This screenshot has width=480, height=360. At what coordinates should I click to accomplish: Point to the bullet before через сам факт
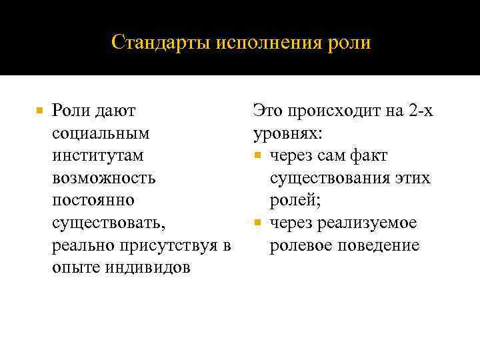258,156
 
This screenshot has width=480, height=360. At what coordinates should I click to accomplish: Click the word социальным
100,133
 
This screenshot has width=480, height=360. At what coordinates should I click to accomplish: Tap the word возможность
103,179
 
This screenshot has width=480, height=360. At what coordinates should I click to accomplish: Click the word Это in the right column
268,111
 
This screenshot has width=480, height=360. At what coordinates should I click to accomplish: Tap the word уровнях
288,133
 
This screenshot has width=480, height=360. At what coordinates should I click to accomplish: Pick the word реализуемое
377,223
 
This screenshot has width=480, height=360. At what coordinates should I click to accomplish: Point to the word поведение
381,246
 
